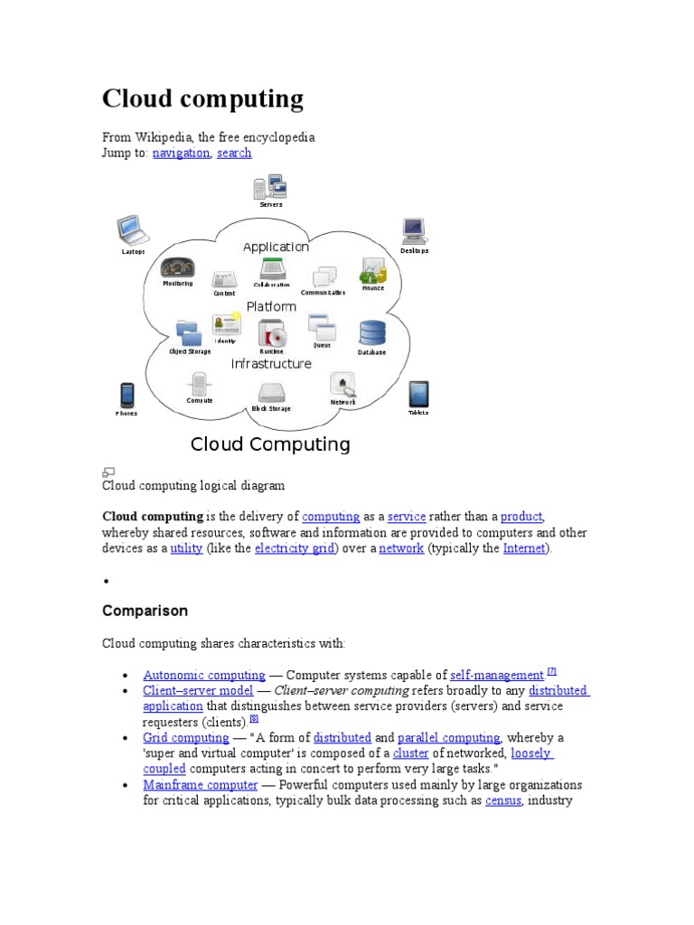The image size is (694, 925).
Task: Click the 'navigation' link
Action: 181,154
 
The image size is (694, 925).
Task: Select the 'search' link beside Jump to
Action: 234,154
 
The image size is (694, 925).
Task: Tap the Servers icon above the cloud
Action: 270,188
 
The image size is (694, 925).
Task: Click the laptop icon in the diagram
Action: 130,230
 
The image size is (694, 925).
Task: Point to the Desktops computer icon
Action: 414,231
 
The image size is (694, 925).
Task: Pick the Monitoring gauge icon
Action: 177,267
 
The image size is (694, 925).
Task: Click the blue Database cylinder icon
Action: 371,333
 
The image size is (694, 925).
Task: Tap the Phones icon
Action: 127,395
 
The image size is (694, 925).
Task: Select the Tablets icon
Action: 417,395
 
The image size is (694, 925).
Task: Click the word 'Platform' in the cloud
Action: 271,306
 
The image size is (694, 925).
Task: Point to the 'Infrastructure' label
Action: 271,364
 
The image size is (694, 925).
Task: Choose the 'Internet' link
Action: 524,548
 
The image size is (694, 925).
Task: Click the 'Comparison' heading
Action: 145,611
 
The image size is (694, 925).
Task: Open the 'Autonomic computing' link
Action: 204,675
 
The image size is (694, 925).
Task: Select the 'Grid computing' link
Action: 186,738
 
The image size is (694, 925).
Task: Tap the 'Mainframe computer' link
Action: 201,785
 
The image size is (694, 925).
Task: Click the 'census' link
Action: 502,800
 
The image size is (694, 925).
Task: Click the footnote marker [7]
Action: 551,671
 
